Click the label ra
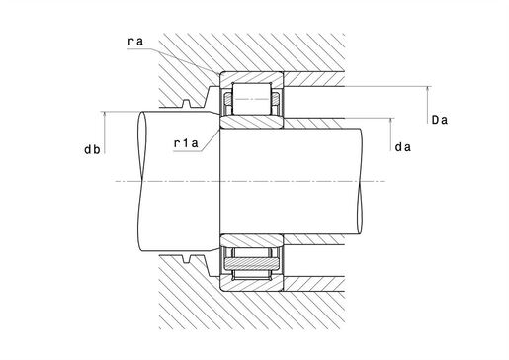click(x=135, y=42)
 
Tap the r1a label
click(x=186, y=143)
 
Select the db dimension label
click(x=92, y=149)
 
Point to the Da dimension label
click(x=440, y=120)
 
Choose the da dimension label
click(x=403, y=147)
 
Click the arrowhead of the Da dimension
click(x=428, y=89)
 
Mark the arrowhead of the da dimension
click(x=391, y=121)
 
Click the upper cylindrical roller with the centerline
click(x=252, y=99)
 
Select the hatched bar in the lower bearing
click(x=252, y=263)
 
